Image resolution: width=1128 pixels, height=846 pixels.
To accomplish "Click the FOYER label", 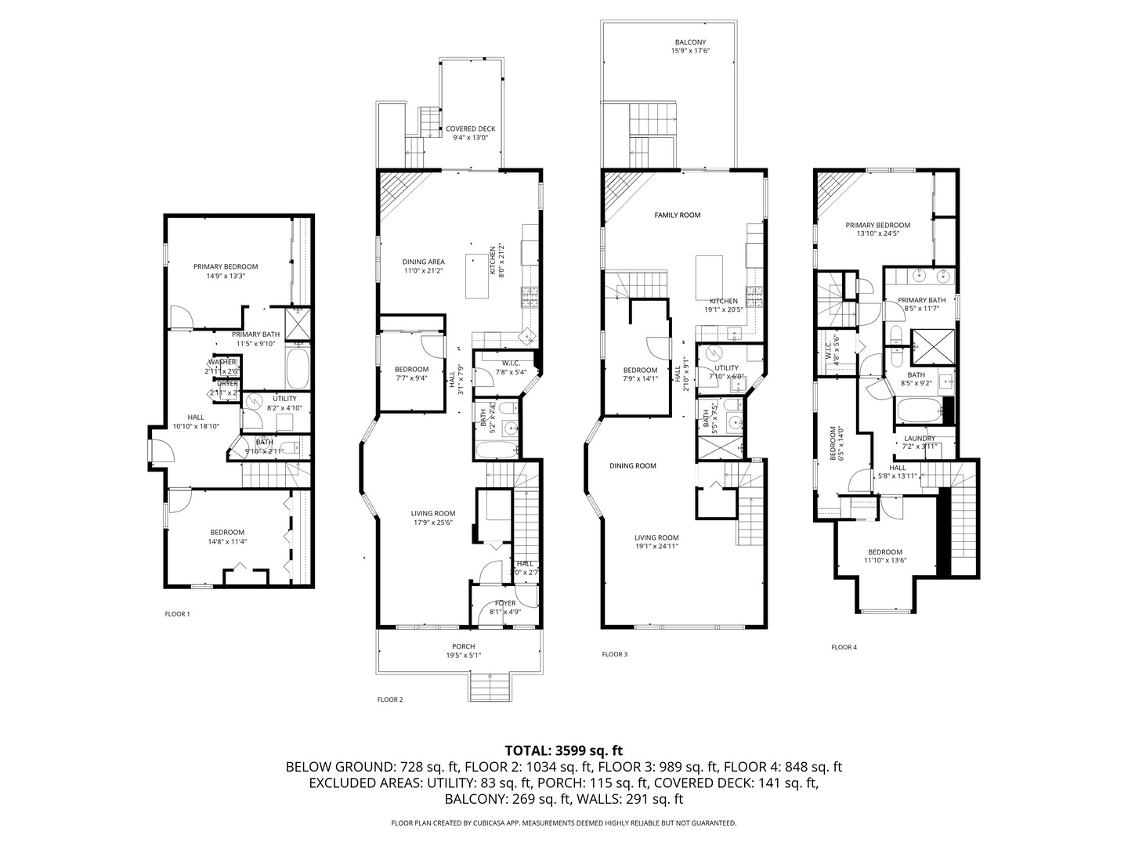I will click(505, 602).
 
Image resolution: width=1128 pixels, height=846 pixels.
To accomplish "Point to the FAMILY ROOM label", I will click(678, 215).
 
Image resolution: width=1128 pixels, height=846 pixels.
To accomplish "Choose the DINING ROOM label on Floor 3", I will click(633, 466).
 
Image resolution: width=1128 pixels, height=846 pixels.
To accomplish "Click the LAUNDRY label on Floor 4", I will click(920, 439).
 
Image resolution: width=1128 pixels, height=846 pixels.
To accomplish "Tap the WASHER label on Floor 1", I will click(222, 362).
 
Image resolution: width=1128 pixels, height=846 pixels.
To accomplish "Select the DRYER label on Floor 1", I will click(228, 384).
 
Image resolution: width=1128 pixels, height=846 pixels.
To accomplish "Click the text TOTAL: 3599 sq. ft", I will click(564, 750).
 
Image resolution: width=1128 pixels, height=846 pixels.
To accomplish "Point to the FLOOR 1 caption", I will click(177, 614).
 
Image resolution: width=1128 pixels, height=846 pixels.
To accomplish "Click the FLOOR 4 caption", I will click(844, 647).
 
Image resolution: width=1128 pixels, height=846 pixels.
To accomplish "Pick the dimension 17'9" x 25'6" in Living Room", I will click(433, 523).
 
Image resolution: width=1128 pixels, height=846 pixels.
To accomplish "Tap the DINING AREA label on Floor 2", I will click(424, 262).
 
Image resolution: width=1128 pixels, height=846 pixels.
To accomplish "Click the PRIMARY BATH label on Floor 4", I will click(922, 300).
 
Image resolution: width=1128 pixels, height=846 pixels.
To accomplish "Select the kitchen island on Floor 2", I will click(479, 276).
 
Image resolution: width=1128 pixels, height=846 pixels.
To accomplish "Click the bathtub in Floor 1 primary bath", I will click(298, 368).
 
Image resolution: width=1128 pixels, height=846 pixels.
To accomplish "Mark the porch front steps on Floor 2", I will click(489, 687).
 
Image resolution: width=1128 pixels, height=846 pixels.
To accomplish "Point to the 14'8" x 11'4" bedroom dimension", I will click(226, 541).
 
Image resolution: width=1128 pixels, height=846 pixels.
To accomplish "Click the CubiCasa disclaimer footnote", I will click(564, 823).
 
